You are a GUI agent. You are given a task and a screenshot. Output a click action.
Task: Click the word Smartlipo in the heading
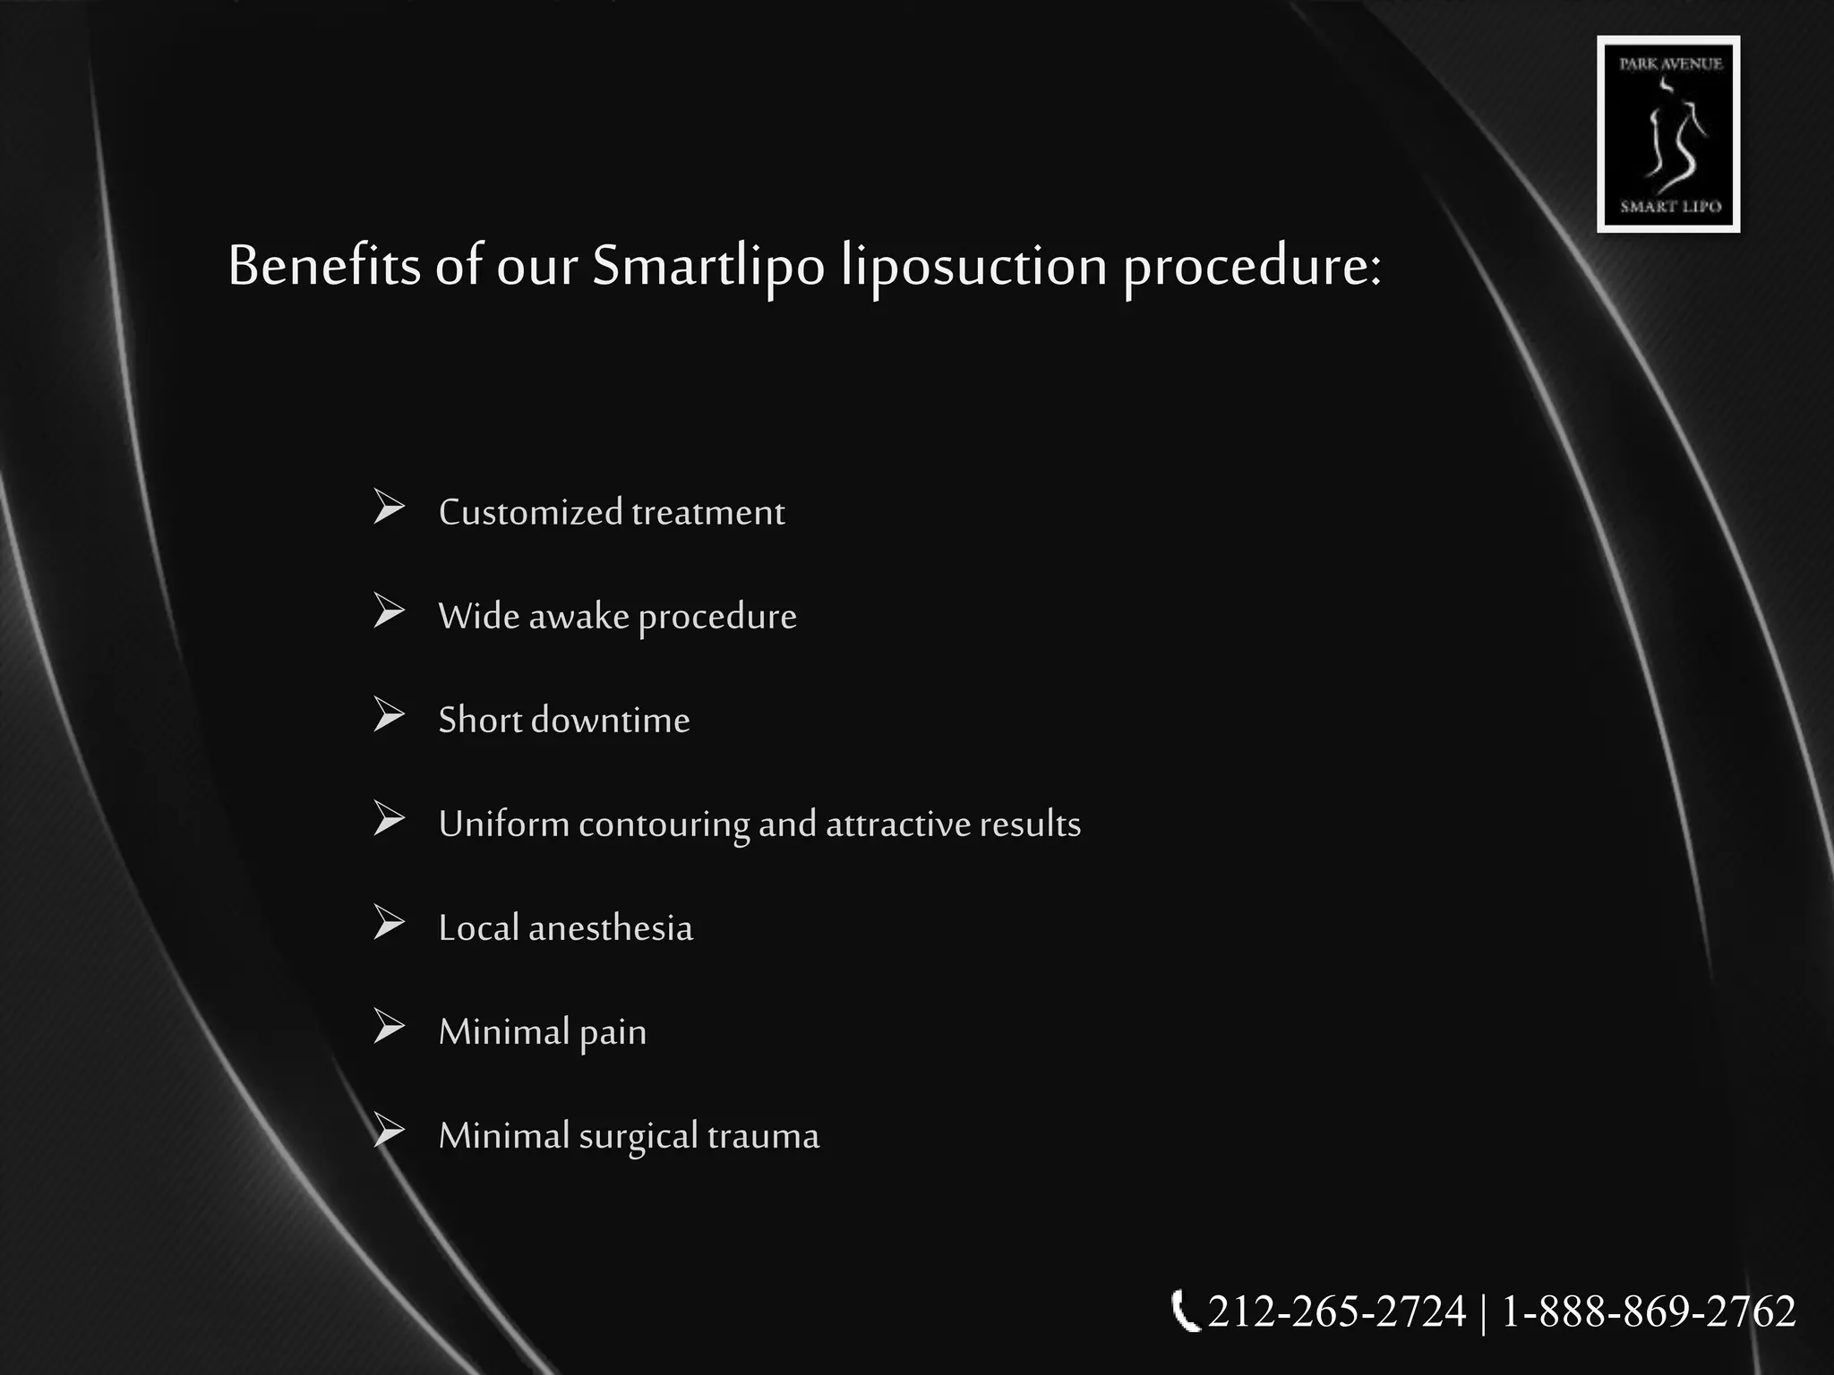[707, 266]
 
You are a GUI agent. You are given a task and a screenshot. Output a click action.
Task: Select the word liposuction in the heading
[974, 266]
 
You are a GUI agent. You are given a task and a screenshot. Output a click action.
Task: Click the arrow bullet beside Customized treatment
[389, 508]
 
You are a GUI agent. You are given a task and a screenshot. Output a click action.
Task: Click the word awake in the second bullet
[578, 617]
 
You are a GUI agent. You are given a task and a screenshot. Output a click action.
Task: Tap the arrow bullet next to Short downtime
[389, 715]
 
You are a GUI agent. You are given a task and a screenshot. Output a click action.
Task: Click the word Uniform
[503, 824]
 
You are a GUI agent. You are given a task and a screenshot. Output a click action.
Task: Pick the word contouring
[664, 824]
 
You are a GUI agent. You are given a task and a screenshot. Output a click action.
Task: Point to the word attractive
[897, 824]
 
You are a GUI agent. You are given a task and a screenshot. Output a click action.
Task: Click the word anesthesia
[611, 928]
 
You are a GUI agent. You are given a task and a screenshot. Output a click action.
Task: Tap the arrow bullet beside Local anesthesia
[389, 923]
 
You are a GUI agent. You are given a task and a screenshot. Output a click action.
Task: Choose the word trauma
[763, 1136]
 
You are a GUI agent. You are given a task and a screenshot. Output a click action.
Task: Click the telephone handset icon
[1184, 1312]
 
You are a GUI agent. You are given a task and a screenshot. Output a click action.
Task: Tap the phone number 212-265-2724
[1336, 1312]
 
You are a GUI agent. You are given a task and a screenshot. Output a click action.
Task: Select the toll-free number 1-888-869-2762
[1649, 1312]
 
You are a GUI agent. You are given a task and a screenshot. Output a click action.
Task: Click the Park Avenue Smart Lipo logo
[1668, 134]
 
